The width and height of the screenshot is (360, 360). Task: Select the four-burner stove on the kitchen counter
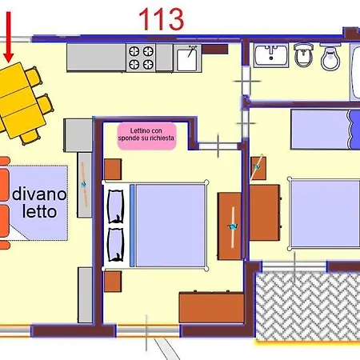coord(142,58)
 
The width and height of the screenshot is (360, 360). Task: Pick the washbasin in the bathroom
coord(271,55)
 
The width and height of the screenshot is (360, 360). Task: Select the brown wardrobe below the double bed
coord(210,307)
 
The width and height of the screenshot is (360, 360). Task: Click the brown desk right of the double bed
coord(229,226)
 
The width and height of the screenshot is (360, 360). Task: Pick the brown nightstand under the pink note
coord(113,169)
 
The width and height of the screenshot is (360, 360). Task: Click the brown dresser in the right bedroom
coord(265,214)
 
